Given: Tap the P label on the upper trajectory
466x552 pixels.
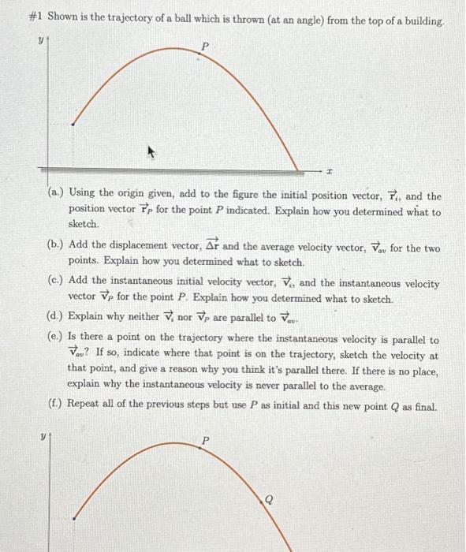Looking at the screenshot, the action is [x=206, y=47].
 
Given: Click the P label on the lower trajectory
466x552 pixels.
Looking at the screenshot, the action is [x=207, y=441].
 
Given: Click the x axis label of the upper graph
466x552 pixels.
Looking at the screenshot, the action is [x=330, y=170].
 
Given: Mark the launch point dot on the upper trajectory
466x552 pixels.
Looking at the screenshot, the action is [x=73, y=124].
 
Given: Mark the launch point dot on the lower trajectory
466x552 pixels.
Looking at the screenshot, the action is [x=73, y=518].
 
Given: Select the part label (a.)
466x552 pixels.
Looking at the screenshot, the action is [x=56, y=195].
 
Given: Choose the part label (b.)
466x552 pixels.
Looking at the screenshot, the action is [x=56, y=248].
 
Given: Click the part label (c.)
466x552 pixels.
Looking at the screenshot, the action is [x=56, y=284].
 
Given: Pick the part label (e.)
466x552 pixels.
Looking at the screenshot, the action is [x=56, y=340].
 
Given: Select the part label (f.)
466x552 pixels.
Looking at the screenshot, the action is [x=56, y=405].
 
